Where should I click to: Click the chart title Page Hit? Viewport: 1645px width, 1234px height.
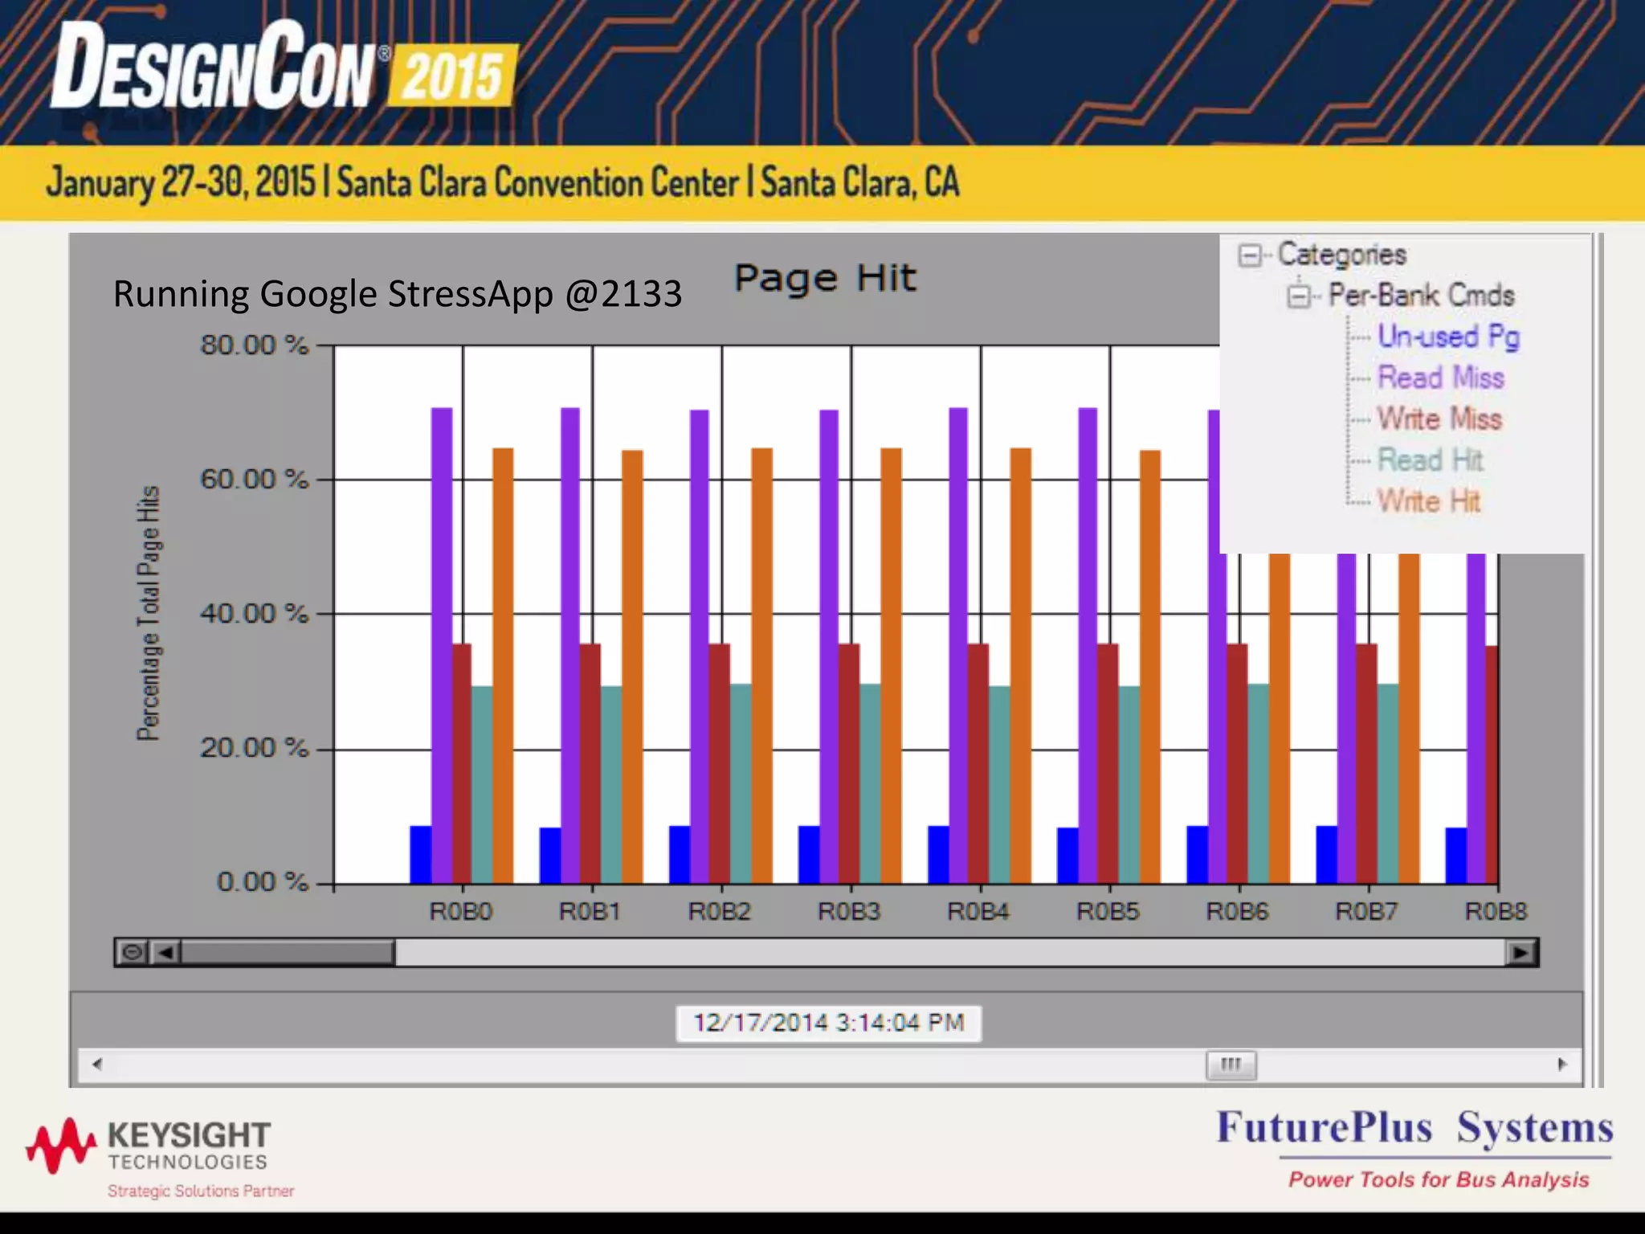(825, 279)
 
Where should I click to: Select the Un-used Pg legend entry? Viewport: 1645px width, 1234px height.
(1448, 337)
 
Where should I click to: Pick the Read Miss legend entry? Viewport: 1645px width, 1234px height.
(1440, 378)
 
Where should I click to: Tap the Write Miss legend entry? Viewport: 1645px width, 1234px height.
(1439, 419)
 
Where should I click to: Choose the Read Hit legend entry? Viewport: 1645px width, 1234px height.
(1430, 460)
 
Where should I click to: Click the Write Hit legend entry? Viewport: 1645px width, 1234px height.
(1428, 501)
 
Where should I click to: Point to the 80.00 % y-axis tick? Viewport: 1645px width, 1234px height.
(254, 345)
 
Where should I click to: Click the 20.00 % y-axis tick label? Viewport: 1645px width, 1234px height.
(254, 748)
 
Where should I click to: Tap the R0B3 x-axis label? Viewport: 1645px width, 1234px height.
(849, 912)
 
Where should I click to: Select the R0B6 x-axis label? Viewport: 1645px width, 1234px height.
(1237, 912)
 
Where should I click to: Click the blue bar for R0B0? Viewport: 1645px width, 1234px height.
(420, 855)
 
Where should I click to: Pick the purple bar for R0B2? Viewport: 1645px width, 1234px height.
(700, 643)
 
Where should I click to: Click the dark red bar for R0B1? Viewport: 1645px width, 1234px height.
(590, 763)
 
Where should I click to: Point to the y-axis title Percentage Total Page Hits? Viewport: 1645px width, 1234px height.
(149, 613)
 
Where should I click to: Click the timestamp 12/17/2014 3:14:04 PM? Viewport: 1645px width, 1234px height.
(828, 1023)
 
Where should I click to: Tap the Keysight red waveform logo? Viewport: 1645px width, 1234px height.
(60, 1144)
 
